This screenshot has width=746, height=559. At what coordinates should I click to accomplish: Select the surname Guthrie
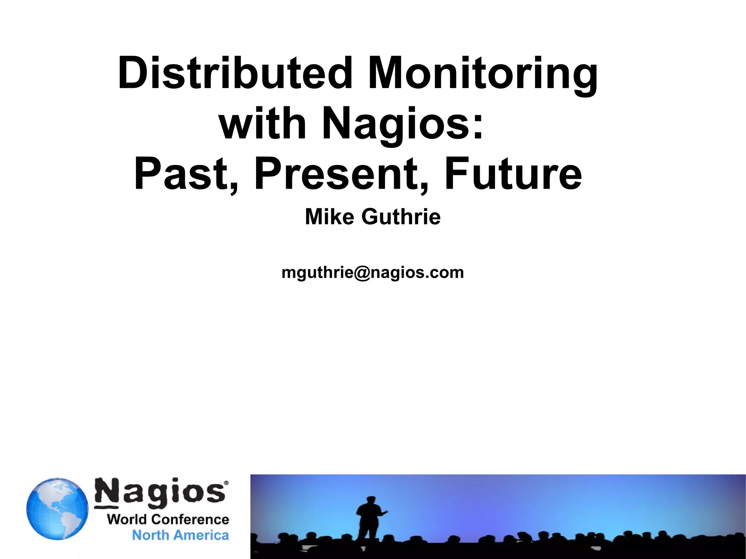pyautogui.click(x=401, y=217)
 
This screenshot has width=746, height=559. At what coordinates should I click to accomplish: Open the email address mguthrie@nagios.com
pyautogui.click(x=373, y=272)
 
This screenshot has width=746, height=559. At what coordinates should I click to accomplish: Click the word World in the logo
pyautogui.click(x=126, y=519)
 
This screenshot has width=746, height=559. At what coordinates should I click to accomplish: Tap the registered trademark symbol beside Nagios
pyautogui.click(x=226, y=483)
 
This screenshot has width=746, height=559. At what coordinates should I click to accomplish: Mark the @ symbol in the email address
pyautogui.click(x=362, y=273)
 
